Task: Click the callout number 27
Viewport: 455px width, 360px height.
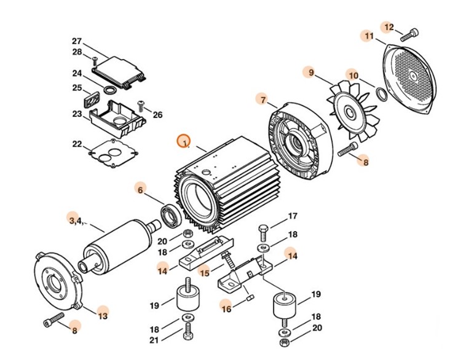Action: [x=76, y=41]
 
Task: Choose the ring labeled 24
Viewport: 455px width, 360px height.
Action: [x=111, y=90]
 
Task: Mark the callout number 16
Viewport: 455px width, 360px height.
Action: [x=226, y=309]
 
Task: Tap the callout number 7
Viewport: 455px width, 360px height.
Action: [x=263, y=100]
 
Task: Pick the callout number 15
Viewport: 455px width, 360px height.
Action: [x=204, y=272]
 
